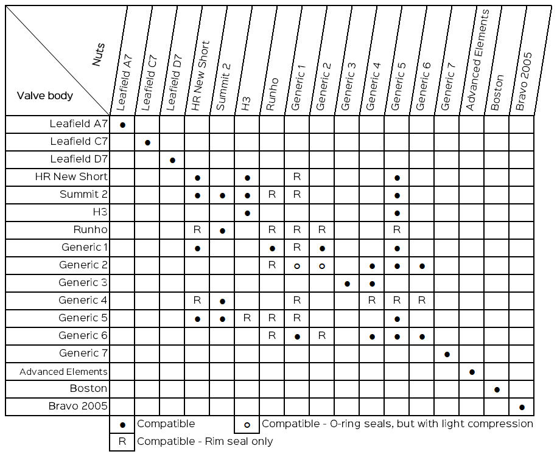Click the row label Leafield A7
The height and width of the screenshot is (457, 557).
coord(79,124)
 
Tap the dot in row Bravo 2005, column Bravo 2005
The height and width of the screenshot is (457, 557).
coord(522,407)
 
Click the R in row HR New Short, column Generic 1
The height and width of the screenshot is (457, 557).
coord(297,177)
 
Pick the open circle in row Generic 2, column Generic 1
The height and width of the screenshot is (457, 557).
coord(297,266)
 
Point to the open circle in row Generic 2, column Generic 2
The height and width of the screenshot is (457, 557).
coord(322,266)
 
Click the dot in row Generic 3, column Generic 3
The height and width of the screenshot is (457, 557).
coord(347,284)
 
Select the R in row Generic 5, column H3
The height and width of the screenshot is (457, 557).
coord(247,318)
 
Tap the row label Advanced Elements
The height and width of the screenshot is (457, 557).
coord(63,372)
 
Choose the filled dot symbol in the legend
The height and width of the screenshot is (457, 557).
coord(122,424)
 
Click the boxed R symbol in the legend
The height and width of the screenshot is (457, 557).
coord(122,442)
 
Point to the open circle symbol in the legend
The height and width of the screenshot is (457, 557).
coord(247,424)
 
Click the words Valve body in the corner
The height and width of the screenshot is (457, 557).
coord(45,96)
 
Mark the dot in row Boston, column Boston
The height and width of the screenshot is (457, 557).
coord(497,389)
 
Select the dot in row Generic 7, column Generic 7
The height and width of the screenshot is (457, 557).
coord(447,354)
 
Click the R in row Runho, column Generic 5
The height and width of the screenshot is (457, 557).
coord(397,230)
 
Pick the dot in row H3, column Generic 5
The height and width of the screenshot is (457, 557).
coord(397,213)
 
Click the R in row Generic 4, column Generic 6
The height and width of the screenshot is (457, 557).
coord(422,300)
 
